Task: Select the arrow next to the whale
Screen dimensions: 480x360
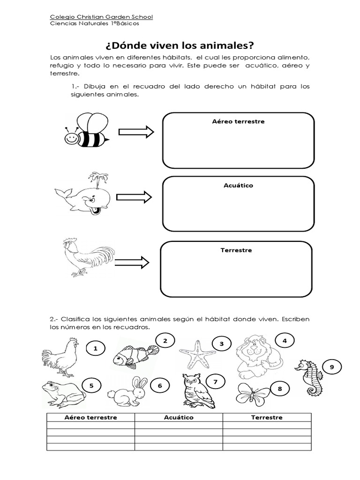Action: point(134,197)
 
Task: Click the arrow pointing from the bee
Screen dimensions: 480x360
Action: point(135,133)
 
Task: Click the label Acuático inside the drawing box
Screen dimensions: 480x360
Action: point(238,186)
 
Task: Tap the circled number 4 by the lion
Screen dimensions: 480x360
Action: point(284,340)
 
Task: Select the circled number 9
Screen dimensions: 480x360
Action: point(332,367)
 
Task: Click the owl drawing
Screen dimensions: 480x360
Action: point(196,389)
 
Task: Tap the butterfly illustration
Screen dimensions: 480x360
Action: point(254,394)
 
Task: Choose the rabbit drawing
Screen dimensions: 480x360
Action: point(126,390)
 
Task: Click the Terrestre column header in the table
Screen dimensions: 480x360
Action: point(267,417)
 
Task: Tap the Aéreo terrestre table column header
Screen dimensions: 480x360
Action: point(91,417)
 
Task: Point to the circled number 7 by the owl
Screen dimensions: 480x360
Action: point(215,382)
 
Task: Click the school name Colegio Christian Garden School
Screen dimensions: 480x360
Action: point(101,17)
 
